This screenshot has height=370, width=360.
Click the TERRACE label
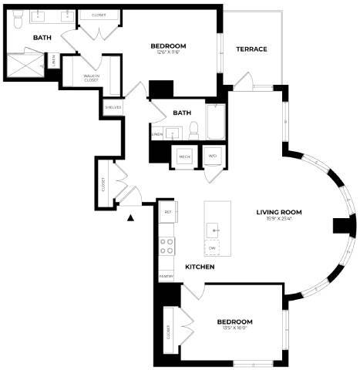tap(251, 49)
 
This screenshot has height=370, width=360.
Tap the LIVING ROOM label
tap(279, 212)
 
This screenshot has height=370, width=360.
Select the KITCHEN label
tap(199, 267)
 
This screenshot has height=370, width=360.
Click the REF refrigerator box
tap(167, 210)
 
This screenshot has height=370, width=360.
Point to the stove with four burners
tap(167, 246)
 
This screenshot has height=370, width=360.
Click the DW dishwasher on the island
tap(212, 248)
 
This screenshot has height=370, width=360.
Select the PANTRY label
tap(165, 274)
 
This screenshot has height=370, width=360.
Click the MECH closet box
tap(185, 156)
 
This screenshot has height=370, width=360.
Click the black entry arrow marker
tap(130, 218)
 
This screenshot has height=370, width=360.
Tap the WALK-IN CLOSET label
tap(92, 78)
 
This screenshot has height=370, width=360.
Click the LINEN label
tap(156, 134)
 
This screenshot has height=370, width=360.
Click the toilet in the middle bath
tap(194, 128)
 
